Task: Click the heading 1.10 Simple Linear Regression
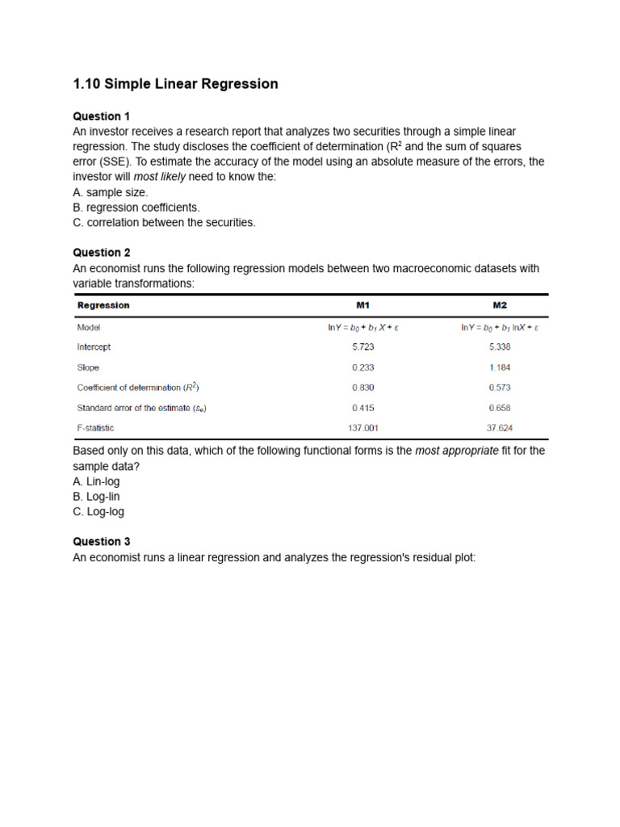point(175,84)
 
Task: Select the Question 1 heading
point(102,116)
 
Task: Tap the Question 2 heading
point(102,253)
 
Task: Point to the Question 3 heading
point(102,542)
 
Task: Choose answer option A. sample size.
point(111,192)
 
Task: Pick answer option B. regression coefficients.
point(136,208)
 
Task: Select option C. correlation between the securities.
point(164,222)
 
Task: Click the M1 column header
point(363,305)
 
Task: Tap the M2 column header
point(500,305)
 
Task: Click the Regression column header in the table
point(103,305)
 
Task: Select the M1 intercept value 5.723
point(363,347)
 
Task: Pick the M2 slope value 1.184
point(500,367)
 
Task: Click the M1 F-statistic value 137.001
point(363,428)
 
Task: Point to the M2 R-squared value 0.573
point(500,388)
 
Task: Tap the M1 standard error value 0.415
point(363,408)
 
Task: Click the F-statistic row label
point(95,428)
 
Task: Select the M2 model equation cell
point(500,327)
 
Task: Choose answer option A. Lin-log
point(96,481)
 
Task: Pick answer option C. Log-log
point(98,511)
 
